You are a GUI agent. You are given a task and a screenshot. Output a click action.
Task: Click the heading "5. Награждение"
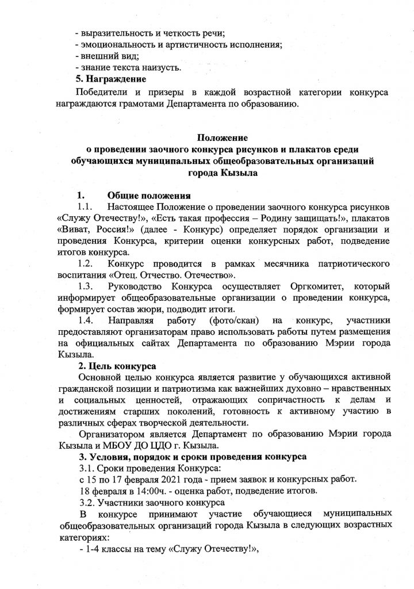pyautogui.click(x=112, y=78)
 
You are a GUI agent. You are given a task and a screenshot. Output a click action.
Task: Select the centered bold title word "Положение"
pyautogui.click(x=223, y=138)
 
